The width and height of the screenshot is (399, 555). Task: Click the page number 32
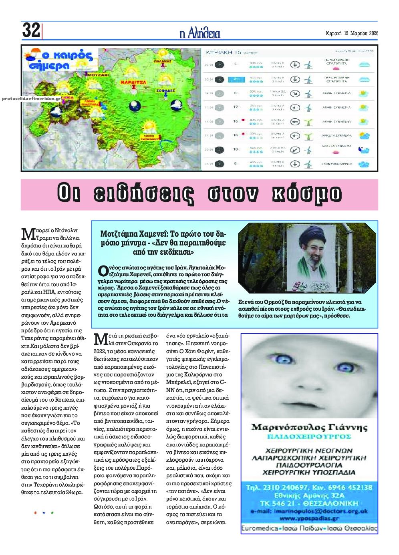[31, 30]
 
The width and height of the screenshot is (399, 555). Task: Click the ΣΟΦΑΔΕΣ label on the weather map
[166, 91]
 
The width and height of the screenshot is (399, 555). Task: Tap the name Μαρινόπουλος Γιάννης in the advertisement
[309, 427]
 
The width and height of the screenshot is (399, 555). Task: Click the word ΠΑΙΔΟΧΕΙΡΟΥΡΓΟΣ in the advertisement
[309, 436]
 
